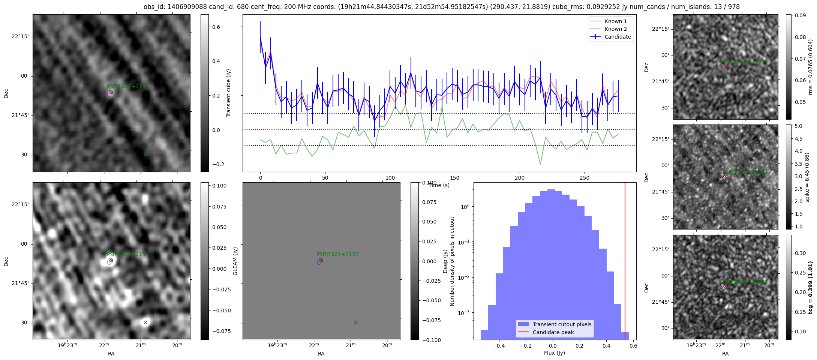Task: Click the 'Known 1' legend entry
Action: pos(615,21)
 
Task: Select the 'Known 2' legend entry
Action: pos(615,29)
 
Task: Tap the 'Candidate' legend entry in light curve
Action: pos(618,37)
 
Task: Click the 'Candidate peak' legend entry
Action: pos(553,332)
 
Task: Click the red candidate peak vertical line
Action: pos(625,262)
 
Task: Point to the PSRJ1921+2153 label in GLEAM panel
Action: pos(337,254)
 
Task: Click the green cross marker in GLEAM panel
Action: pos(355,322)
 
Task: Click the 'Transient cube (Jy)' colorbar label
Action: pos(229,93)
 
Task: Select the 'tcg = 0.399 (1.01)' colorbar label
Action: pos(811,287)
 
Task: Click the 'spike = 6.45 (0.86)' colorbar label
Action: pos(807,177)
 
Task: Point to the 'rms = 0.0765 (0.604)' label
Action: pos(810,67)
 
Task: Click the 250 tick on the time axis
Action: pos(585,178)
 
